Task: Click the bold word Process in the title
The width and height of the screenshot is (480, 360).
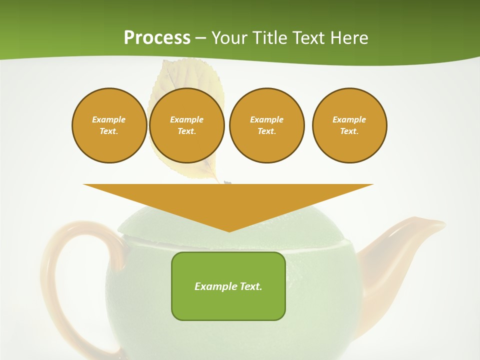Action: coord(157,38)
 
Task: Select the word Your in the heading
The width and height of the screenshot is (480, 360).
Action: coord(228,38)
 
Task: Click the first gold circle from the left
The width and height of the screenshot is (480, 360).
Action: coord(109,125)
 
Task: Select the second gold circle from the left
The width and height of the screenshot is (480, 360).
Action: coord(186,125)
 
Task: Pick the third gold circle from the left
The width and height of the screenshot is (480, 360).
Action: coord(266,125)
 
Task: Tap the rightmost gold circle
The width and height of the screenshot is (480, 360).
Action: coord(349,125)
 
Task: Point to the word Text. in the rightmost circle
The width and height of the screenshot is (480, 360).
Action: coord(349,131)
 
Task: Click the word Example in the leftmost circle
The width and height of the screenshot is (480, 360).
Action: coord(109,119)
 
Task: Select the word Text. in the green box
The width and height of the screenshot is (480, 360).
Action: coord(251,286)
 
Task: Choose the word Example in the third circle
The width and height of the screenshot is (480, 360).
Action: coord(266,119)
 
